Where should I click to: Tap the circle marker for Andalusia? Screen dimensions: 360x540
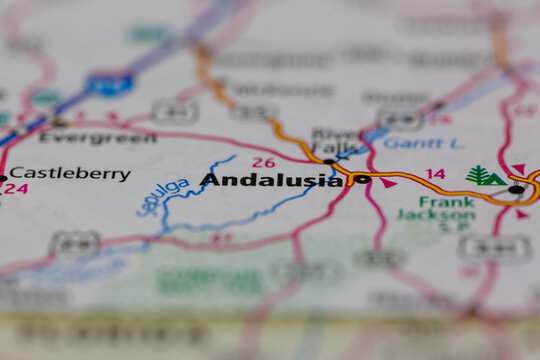tap(362, 180)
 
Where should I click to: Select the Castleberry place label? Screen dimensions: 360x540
tap(70, 174)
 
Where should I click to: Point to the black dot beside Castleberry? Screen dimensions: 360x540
tap(2, 179)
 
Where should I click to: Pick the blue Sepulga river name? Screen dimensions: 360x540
tap(162, 197)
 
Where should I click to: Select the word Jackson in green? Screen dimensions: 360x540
tap(435, 214)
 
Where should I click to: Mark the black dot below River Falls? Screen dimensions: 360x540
tap(329, 161)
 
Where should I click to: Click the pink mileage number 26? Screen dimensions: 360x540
tap(263, 162)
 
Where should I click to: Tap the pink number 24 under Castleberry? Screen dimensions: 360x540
tap(16, 188)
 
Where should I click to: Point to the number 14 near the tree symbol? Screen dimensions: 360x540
tap(435, 174)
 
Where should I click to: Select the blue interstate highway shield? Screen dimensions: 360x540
tap(110, 83)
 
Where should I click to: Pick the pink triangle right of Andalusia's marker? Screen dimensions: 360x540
tap(387, 183)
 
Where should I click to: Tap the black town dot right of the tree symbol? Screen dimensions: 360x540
tap(515, 189)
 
